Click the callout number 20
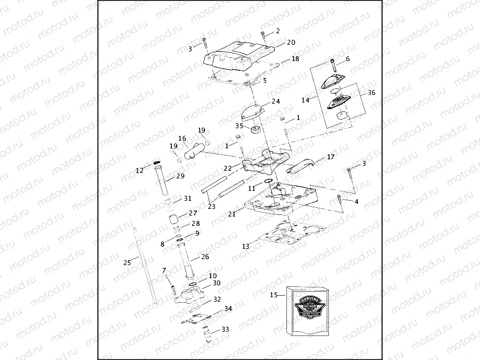point(291,42)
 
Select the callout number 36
point(371,93)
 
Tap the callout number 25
point(127,262)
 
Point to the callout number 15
point(274,295)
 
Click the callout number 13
point(245,247)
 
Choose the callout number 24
point(275,101)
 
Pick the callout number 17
point(331,157)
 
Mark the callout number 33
point(225,329)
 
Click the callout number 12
point(140,171)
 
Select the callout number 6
point(347,58)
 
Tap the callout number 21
point(232,214)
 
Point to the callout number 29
point(180,176)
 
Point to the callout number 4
point(356,202)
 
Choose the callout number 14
point(305,100)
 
